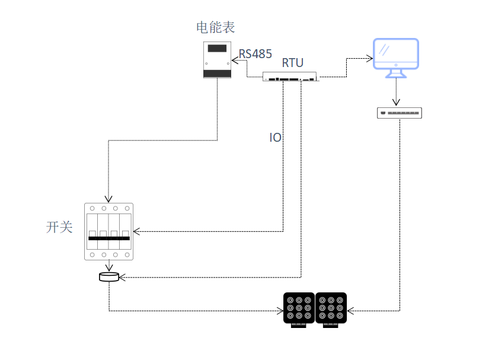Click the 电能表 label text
[x=216, y=27]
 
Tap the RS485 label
[x=256, y=54]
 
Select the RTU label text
[x=293, y=63]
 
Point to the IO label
[x=275, y=138]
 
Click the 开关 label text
[x=59, y=227]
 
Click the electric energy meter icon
[x=217, y=60]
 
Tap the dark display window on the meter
[x=217, y=48]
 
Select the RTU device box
[x=289, y=77]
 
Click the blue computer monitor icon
[x=396, y=58]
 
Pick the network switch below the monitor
[x=400, y=113]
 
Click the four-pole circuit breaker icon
[x=109, y=231]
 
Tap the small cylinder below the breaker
[x=109, y=277]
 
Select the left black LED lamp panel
[x=299, y=310]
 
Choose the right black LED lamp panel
[x=331, y=310]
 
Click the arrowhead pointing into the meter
[x=235, y=60]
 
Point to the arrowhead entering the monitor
[x=370, y=59]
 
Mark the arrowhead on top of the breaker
[x=108, y=199]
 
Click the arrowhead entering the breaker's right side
[x=137, y=231]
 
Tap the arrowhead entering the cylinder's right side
[x=122, y=277]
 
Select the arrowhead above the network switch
[x=396, y=102]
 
